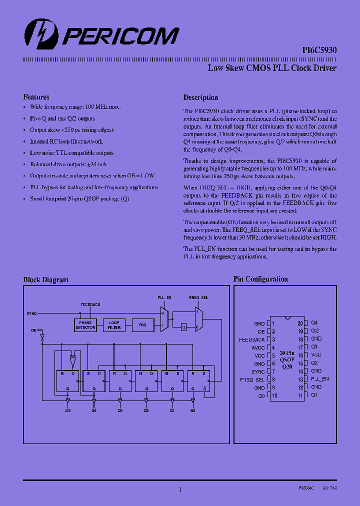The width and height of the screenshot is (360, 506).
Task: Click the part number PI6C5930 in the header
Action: [x=319, y=50]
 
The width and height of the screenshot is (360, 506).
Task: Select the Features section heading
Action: [x=36, y=97]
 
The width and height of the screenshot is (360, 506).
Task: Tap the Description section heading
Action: [x=200, y=97]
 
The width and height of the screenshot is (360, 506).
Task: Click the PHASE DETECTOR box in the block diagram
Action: [x=85, y=325]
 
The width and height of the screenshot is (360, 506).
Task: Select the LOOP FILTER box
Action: [x=114, y=325]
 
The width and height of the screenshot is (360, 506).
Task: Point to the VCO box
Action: [x=142, y=325]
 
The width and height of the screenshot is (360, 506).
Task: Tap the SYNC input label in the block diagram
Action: [x=31, y=313]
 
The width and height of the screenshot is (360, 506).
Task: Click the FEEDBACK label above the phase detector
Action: [x=90, y=304]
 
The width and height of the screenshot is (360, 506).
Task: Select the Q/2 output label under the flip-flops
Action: [x=67, y=410]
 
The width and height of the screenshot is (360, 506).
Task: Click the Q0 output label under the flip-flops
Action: [x=193, y=410]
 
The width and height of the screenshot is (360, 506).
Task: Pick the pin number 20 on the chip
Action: [x=300, y=323]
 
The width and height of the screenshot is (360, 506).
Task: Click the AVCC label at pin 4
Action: [x=258, y=347]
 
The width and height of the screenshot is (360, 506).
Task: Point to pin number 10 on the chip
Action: [x=274, y=395]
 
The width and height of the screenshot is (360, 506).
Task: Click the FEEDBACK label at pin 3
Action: [x=252, y=339]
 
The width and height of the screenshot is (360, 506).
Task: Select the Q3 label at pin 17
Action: [x=314, y=347]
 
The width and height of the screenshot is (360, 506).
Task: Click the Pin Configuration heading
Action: [x=260, y=279]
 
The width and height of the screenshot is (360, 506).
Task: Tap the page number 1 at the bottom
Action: [x=179, y=490]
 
